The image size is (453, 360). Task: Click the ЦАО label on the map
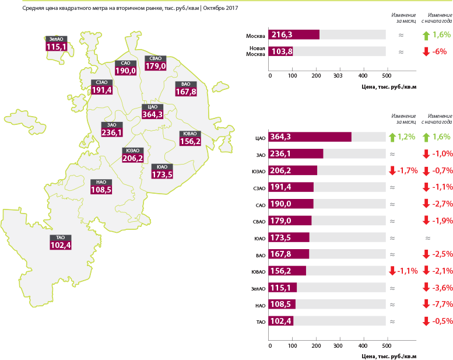point(152,111)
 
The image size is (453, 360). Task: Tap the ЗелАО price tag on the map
point(57,44)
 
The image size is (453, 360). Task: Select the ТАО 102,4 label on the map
point(61,242)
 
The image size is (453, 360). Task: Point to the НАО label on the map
point(101,187)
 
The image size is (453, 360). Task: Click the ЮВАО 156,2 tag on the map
point(190,138)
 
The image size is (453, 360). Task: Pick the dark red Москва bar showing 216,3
point(294,34)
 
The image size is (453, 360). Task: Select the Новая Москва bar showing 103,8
point(280,51)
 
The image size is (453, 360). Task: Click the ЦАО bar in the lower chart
point(310,137)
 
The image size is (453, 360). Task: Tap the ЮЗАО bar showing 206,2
point(293,170)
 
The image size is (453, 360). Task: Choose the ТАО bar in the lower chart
point(281,321)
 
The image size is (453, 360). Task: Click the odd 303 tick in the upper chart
point(338,76)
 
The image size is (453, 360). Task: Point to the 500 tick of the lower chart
point(387,346)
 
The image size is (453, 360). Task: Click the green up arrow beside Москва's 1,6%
point(426,36)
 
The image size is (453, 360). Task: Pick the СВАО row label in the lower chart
point(259,222)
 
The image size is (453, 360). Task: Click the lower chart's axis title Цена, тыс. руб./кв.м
point(389,356)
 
